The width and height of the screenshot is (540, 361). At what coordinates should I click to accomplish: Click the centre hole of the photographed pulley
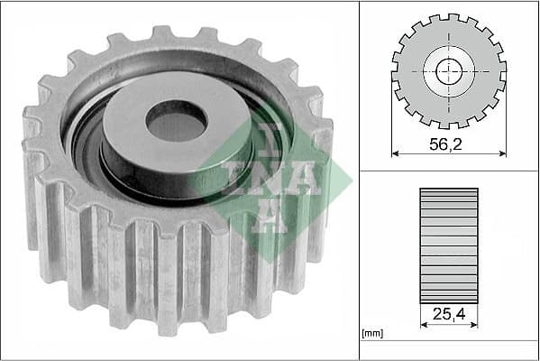(177, 121)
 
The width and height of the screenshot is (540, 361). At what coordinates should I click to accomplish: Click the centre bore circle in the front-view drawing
(449, 71)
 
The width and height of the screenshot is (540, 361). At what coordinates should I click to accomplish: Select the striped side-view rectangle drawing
(449, 244)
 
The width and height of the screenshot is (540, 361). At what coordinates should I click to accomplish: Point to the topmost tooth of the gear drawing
(449, 17)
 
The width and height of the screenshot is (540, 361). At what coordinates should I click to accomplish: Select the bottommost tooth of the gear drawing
(449, 125)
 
